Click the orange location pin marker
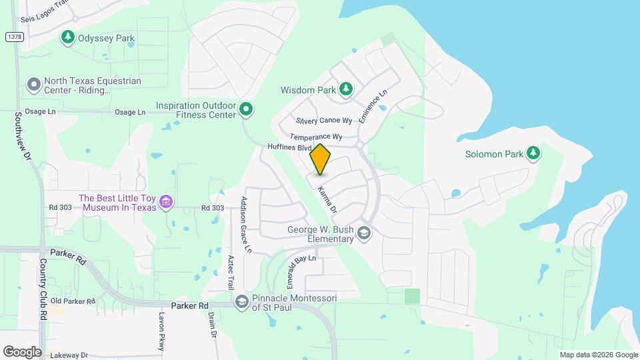click(321, 159)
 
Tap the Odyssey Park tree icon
click(67, 37)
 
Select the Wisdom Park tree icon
click(345, 89)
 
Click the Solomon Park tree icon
click(533, 154)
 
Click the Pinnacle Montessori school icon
click(241, 303)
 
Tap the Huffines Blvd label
click(289, 147)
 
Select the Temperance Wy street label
click(316, 137)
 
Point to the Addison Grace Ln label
click(245, 225)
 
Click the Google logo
click(22, 352)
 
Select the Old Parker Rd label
click(73, 301)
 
